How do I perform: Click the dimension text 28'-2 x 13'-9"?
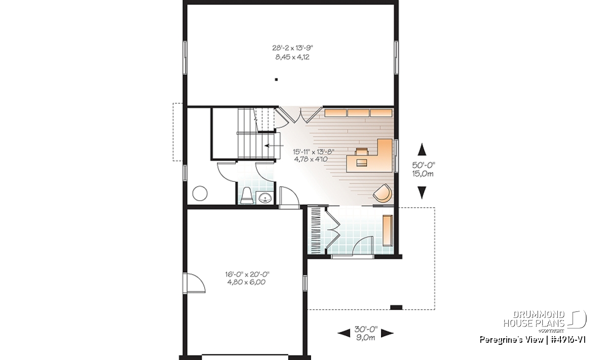293,48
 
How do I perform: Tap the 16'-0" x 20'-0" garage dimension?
247,274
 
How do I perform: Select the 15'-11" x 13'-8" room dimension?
314,151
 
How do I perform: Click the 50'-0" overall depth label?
424,165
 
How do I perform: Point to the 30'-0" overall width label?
366,329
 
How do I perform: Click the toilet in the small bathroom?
247,195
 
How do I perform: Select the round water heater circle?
200,193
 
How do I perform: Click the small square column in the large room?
276,79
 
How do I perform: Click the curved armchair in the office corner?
383,193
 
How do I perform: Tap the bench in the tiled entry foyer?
388,230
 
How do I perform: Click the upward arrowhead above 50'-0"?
422,149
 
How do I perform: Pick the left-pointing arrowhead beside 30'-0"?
344,333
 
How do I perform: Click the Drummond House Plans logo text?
534,319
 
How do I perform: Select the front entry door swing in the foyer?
363,246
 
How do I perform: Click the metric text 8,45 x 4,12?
292,57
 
